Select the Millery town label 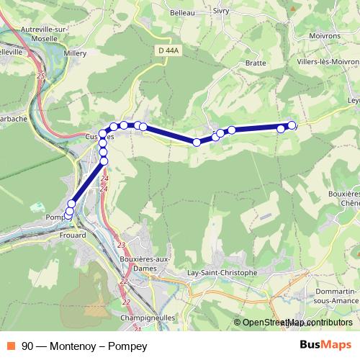pos(75,53)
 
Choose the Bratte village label pos(256,63)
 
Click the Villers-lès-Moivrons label pos(325,63)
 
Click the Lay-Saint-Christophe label pos(221,273)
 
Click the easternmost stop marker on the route pos(292,125)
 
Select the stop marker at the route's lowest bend pos(197,142)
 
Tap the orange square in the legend pos(12,346)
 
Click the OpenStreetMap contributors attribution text pos(297,323)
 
